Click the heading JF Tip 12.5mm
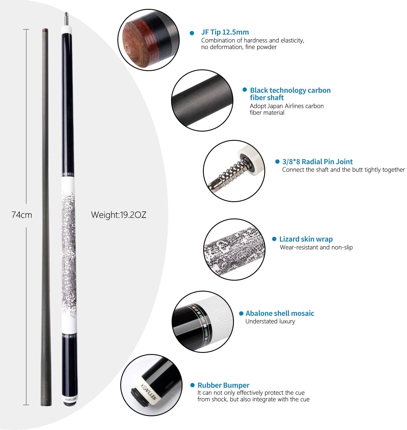click(225, 32)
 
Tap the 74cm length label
click(22, 215)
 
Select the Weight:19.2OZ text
click(119, 215)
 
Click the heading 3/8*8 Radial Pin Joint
click(317, 162)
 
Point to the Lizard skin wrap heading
click(306, 239)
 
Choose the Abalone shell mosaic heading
click(280, 313)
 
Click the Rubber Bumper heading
click(223, 385)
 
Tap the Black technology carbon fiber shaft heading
click(290, 94)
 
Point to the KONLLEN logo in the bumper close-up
click(148, 392)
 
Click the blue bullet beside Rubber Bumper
click(192, 385)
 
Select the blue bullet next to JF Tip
click(192, 33)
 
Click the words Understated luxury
click(270, 321)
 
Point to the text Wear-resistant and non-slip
click(316, 247)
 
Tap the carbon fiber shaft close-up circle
click(202, 100)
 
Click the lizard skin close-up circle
click(234, 249)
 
